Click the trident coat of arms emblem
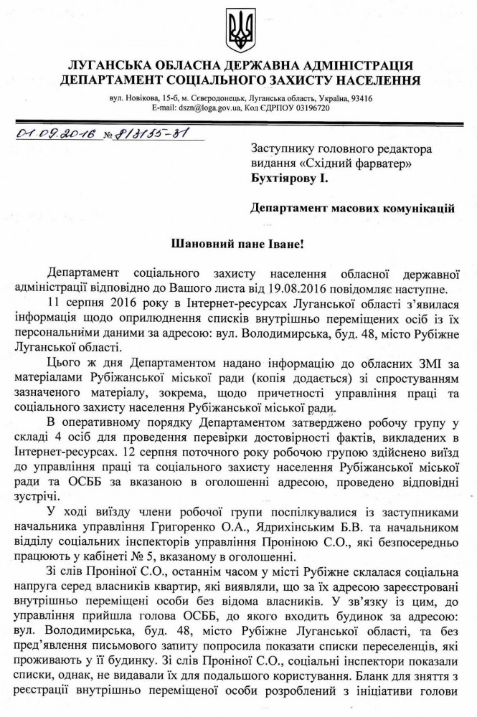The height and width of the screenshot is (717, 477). point(239,29)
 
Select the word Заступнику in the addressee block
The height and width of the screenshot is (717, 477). point(284,148)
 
